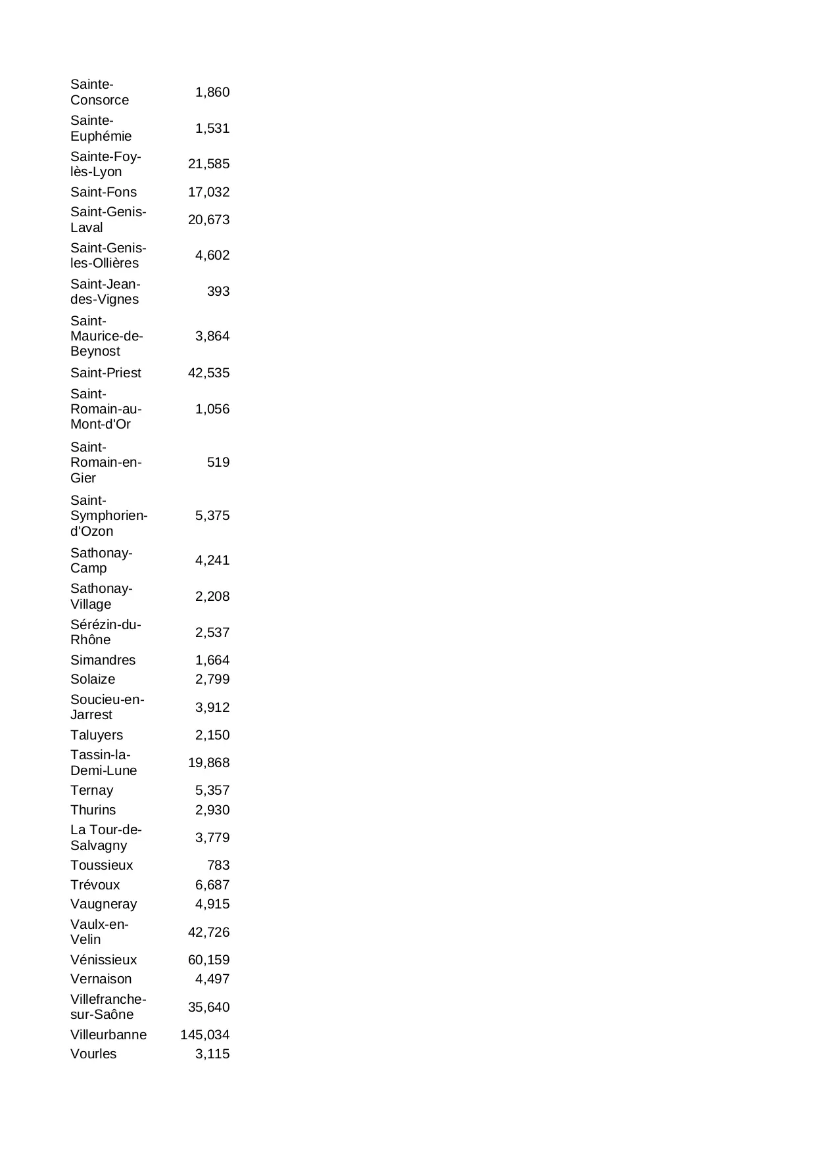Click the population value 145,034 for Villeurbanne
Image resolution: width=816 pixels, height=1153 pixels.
point(204,1035)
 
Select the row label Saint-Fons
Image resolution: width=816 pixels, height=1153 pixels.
point(103,192)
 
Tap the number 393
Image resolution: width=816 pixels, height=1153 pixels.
point(218,291)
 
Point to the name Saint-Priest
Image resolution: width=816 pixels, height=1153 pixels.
point(105,373)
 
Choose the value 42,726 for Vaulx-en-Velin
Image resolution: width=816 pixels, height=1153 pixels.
point(208,932)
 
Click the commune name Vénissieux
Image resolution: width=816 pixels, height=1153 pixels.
point(103,960)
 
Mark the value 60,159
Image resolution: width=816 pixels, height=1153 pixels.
point(208,960)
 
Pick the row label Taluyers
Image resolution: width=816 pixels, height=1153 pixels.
point(96,735)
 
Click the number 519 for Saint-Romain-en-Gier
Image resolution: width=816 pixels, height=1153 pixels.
point(218,462)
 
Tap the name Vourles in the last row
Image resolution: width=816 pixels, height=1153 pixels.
point(93,1054)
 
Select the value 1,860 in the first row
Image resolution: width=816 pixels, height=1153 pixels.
point(212,92)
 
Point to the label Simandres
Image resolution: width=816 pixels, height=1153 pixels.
point(103,660)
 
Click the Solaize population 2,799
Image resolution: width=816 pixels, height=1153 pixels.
point(212,679)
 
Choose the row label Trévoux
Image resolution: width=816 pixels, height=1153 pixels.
point(95,885)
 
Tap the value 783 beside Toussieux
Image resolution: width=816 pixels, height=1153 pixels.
point(218,865)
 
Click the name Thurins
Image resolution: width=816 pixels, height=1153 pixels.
point(93,810)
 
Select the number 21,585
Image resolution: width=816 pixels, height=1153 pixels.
point(208,164)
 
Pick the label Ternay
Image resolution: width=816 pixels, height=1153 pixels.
point(91,790)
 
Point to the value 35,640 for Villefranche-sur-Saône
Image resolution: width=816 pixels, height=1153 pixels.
point(208,1007)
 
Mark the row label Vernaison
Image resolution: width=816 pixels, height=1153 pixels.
point(101,979)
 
